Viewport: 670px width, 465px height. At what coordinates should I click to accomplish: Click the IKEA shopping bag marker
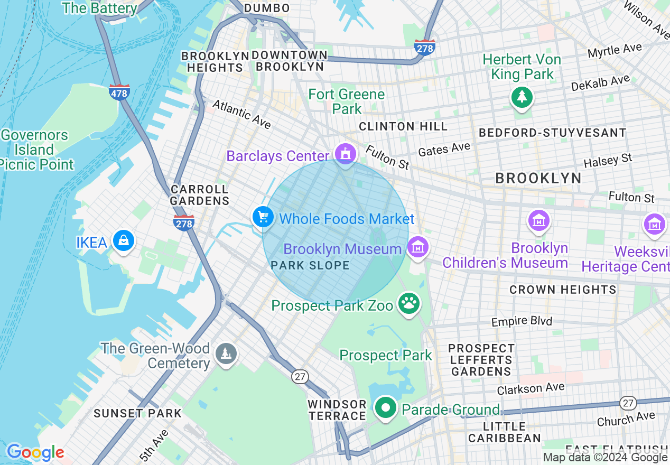[x=123, y=240]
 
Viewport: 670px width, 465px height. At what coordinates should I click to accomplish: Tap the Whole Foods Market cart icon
[x=263, y=217]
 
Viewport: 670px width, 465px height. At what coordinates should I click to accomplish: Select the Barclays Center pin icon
[x=346, y=154]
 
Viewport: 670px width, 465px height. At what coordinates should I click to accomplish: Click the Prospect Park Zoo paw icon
[x=408, y=303]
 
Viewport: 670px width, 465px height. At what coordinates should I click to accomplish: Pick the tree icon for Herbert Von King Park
[x=522, y=97]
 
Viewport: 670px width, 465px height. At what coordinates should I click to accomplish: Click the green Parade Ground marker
[x=386, y=408]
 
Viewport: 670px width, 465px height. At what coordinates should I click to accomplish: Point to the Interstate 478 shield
[x=119, y=92]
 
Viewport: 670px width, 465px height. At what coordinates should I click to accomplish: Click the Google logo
[x=35, y=452]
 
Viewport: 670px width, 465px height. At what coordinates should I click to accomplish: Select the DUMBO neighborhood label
[x=267, y=8]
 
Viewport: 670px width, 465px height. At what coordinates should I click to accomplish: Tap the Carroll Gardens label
[x=200, y=195]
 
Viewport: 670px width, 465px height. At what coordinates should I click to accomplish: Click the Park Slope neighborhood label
[x=310, y=265]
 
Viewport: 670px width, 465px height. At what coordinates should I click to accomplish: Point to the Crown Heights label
[x=563, y=290]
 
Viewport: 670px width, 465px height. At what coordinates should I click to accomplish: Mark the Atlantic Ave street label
[x=241, y=114]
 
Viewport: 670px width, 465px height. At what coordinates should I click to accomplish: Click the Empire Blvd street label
[x=522, y=321]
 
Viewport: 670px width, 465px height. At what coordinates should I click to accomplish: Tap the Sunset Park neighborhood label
[x=138, y=413]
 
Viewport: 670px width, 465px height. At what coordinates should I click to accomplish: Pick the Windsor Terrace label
[x=337, y=410]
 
